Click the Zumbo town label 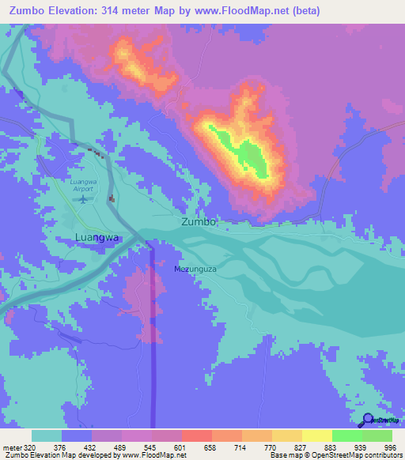[x=199, y=222]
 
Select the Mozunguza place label [x=195, y=270]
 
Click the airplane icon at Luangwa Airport [x=81, y=198]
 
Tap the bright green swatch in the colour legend [x=346, y=435]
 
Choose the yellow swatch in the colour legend [x=316, y=435]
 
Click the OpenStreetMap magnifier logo [x=367, y=419]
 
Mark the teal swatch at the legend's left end [x=47, y=435]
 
